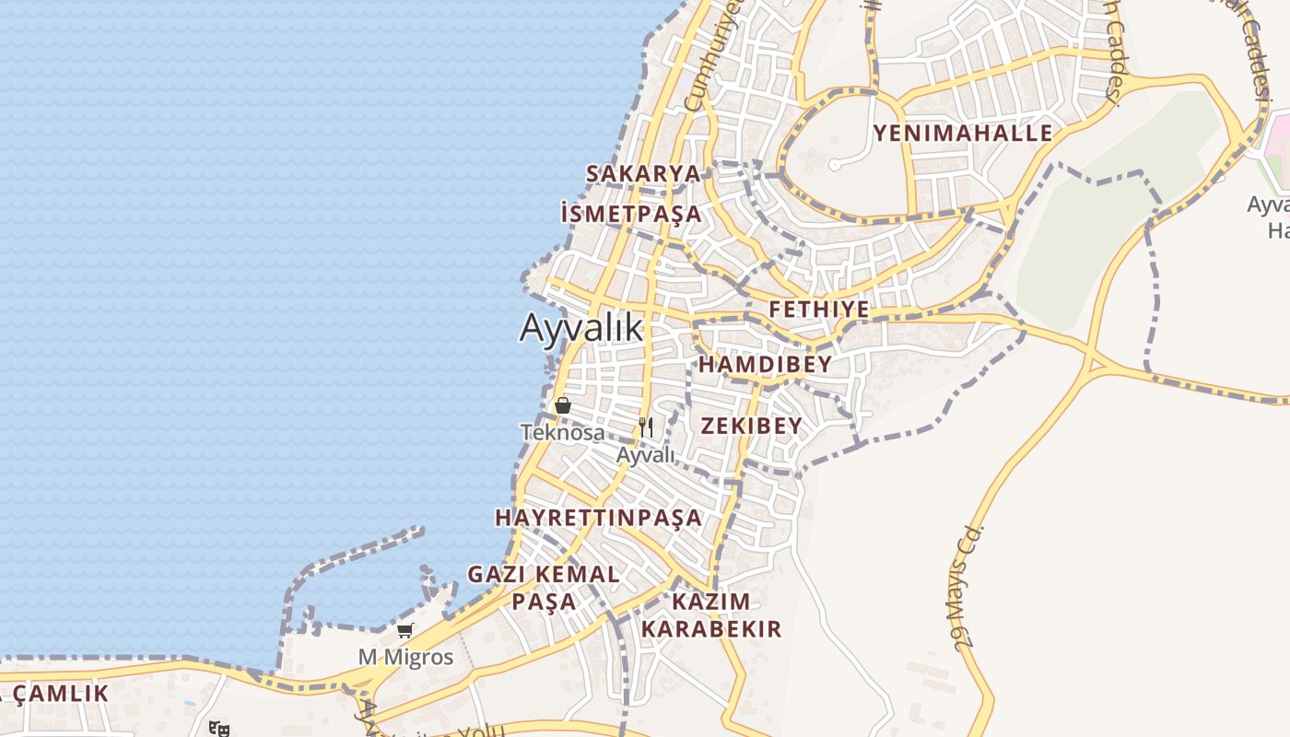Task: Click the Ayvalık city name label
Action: (x=580, y=328)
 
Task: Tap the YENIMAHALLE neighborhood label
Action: (x=962, y=133)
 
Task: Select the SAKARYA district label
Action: (x=643, y=173)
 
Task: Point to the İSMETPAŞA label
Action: (x=630, y=215)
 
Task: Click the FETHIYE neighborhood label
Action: (x=819, y=310)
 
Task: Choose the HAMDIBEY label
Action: (x=765, y=365)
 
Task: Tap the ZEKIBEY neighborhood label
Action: (x=751, y=426)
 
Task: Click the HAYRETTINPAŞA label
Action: (x=598, y=518)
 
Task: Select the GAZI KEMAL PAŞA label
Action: (x=544, y=588)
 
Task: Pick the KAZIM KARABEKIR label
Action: (x=711, y=615)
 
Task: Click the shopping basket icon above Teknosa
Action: (x=563, y=405)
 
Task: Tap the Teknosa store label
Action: (x=562, y=432)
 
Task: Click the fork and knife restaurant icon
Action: (x=646, y=427)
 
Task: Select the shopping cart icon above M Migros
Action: (x=405, y=631)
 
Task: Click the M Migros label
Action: (x=405, y=657)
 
